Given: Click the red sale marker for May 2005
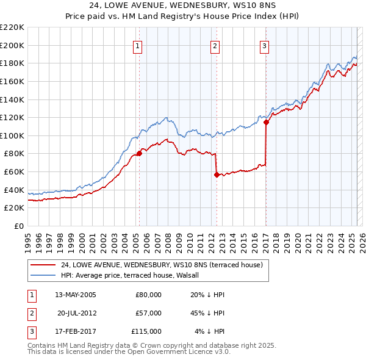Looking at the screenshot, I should tap(139, 154).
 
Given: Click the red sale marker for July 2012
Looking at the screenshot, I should tap(217, 175).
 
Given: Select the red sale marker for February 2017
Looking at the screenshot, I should tap(266, 122).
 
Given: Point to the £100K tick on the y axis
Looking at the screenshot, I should tap(12, 135).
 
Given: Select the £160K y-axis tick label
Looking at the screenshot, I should tap(12, 81).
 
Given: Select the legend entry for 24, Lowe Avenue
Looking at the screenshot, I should tap(162, 265).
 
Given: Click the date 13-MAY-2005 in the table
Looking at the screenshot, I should tap(76, 295).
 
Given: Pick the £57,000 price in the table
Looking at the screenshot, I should tap(148, 313).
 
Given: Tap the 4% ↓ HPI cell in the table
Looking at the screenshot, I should tap(210, 331).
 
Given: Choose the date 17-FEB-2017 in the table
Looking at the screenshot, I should tap(76, 331).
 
